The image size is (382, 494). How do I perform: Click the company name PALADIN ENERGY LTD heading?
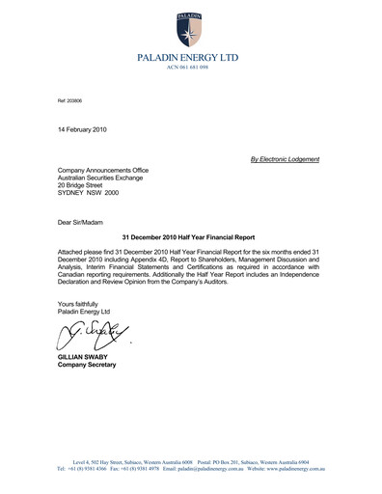tap(190, 59)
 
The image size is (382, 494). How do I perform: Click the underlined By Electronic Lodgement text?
tap(285, 158)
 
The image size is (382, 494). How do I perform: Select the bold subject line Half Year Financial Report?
tap(190, 235)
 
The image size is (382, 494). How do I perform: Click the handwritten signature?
tap(92, 335)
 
